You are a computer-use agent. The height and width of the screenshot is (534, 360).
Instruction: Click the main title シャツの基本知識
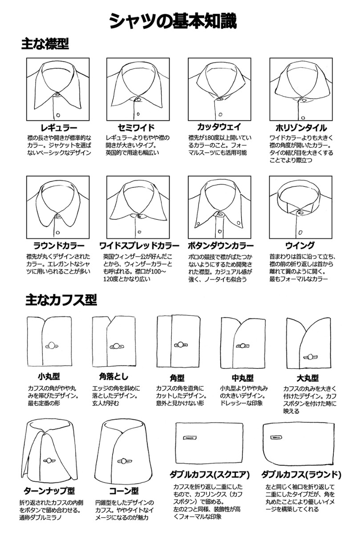173,21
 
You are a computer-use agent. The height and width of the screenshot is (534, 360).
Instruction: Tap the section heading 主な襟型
45,44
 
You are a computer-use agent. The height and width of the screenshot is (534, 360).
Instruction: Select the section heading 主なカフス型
61,300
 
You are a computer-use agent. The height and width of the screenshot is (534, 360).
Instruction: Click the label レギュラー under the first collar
59,128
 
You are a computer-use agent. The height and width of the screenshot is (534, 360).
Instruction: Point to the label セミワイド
136,128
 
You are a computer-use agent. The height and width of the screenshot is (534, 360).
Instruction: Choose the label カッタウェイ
219,127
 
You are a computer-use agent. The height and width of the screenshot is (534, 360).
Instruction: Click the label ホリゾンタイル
301,128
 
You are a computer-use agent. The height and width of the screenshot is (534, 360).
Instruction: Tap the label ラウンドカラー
59,246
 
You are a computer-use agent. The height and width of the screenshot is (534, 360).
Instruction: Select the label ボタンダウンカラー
221,245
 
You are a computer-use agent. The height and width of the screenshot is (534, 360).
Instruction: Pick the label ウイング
300,245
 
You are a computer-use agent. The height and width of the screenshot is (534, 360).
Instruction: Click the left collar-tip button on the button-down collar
198,224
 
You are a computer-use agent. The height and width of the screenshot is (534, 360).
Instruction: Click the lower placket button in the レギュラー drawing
58,115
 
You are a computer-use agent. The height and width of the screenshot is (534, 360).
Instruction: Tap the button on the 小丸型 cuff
52,345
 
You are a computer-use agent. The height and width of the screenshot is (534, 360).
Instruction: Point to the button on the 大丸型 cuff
311,357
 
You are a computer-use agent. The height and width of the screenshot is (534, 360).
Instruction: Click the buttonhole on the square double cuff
190,438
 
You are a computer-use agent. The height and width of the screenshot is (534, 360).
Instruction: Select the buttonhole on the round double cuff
276,437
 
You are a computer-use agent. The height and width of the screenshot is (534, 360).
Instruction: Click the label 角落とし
113,376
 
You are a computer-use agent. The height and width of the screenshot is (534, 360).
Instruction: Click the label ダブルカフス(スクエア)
210,475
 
